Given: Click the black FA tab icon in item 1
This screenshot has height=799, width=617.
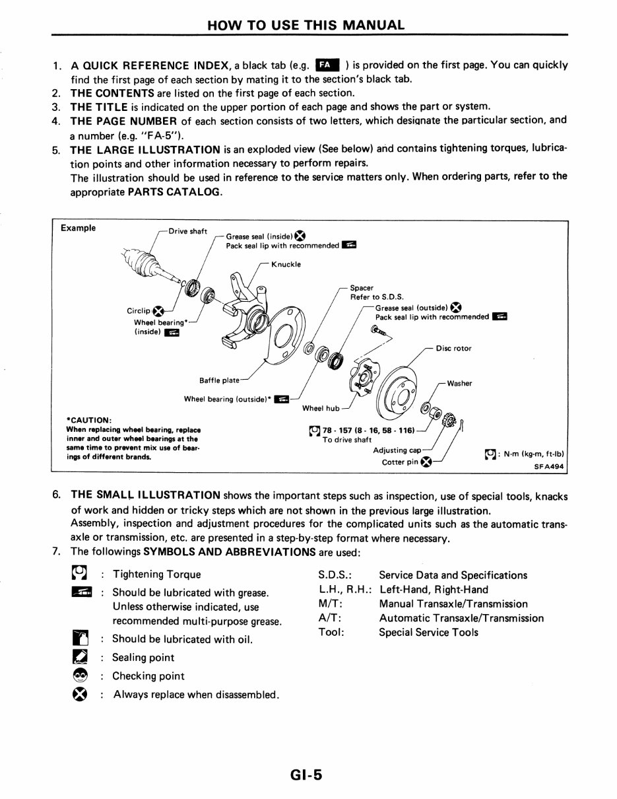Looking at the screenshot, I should (327, 65).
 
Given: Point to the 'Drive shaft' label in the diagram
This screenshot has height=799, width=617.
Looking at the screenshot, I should (188, 231).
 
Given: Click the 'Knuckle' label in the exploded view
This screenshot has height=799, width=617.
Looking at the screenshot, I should (286, 264).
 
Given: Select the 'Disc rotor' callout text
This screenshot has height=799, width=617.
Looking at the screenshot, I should (453, 349).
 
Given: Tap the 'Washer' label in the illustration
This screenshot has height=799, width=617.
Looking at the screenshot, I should (460, 383).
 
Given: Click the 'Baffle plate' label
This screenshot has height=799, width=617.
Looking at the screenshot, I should (218, 380).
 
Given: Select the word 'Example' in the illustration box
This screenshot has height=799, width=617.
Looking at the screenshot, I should (77, 228).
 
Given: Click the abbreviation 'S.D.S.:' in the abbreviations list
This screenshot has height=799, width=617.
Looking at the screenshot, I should (334, 575).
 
